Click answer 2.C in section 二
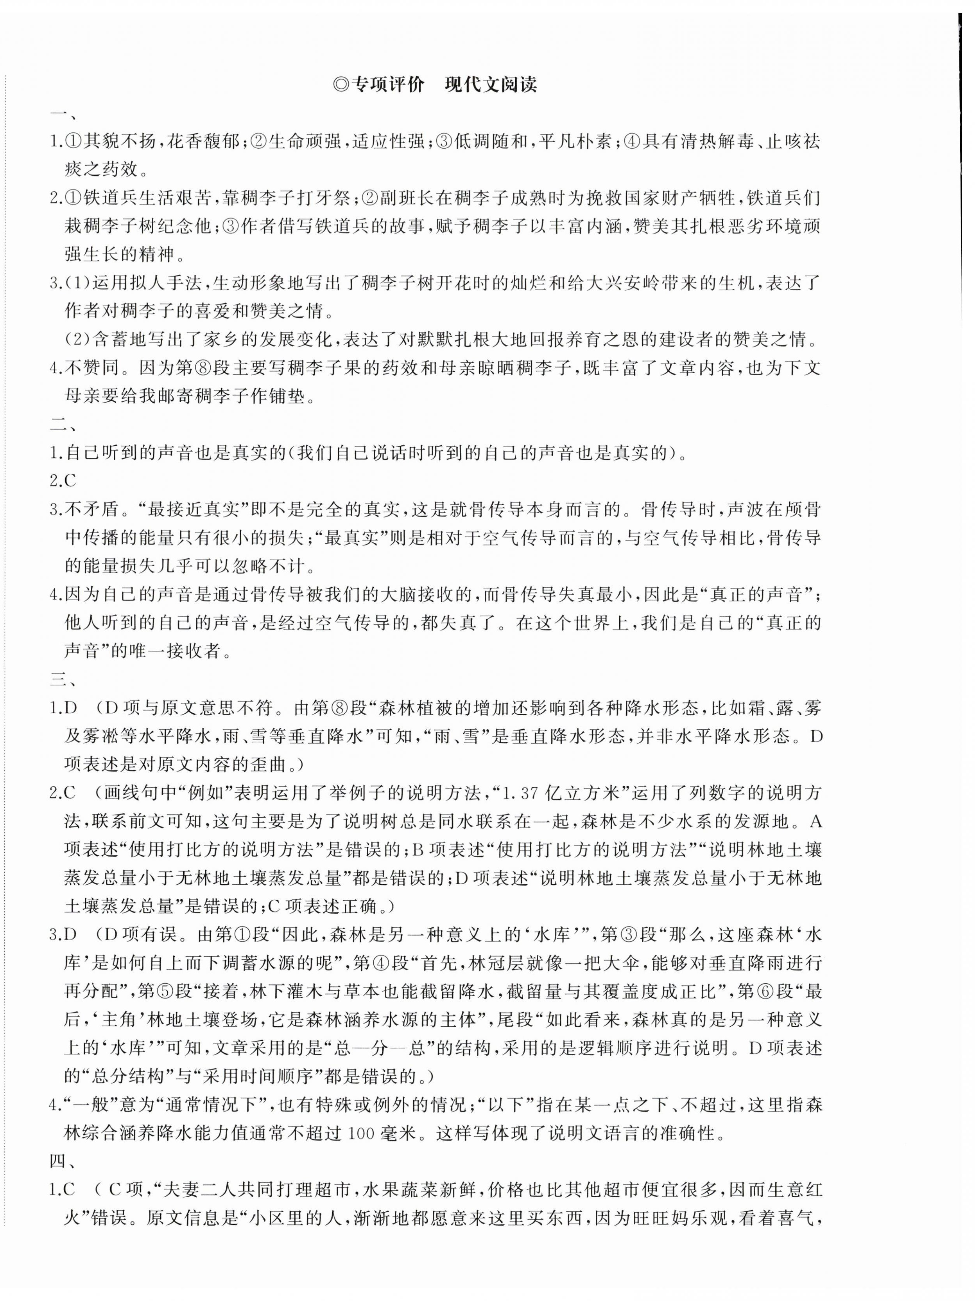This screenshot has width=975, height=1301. point(63,480)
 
